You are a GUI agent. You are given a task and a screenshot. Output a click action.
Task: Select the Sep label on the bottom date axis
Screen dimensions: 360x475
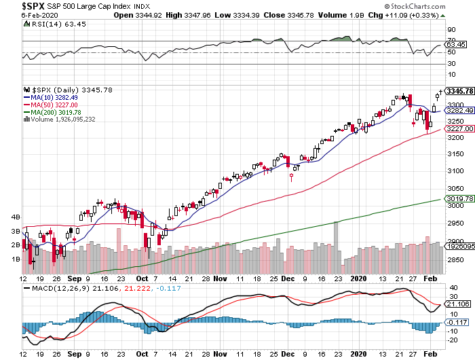[75, 278]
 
